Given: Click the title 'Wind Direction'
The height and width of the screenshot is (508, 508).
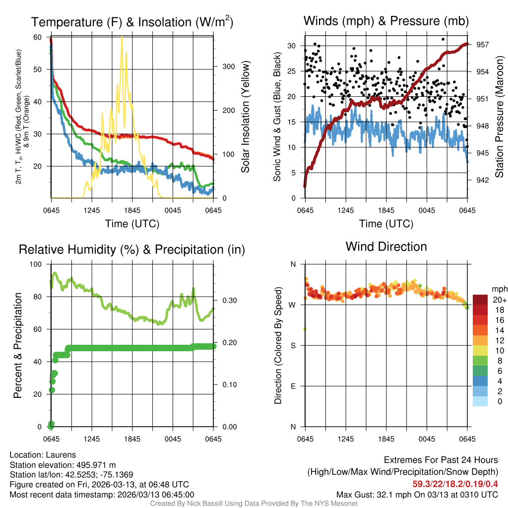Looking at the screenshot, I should coord(386,247).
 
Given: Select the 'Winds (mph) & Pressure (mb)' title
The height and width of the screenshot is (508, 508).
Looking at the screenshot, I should coord(386,21).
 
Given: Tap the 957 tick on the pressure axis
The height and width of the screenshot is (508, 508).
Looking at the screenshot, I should coord(483,45).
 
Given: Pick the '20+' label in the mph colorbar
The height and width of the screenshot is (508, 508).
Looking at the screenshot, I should coord(500,300).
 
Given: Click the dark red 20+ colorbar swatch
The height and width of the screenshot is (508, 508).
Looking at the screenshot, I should coord(480,299).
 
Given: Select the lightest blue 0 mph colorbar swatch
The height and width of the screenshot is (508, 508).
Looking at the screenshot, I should coord(480,401).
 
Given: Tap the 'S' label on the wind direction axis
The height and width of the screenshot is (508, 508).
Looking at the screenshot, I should coord(293,345).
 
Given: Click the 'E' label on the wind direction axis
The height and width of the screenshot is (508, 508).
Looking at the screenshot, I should coord(293,386).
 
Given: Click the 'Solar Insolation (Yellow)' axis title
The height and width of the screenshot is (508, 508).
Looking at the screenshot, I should coord(245,117).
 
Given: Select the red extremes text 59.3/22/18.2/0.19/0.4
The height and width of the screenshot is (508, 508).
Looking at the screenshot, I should coord(455,484).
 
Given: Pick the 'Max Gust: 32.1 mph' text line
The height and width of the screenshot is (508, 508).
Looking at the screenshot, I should coord(417,495).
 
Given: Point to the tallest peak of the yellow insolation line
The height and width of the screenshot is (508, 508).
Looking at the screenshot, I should coord(122,37).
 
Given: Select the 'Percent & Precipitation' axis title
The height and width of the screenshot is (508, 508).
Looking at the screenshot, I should coord(17,345).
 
